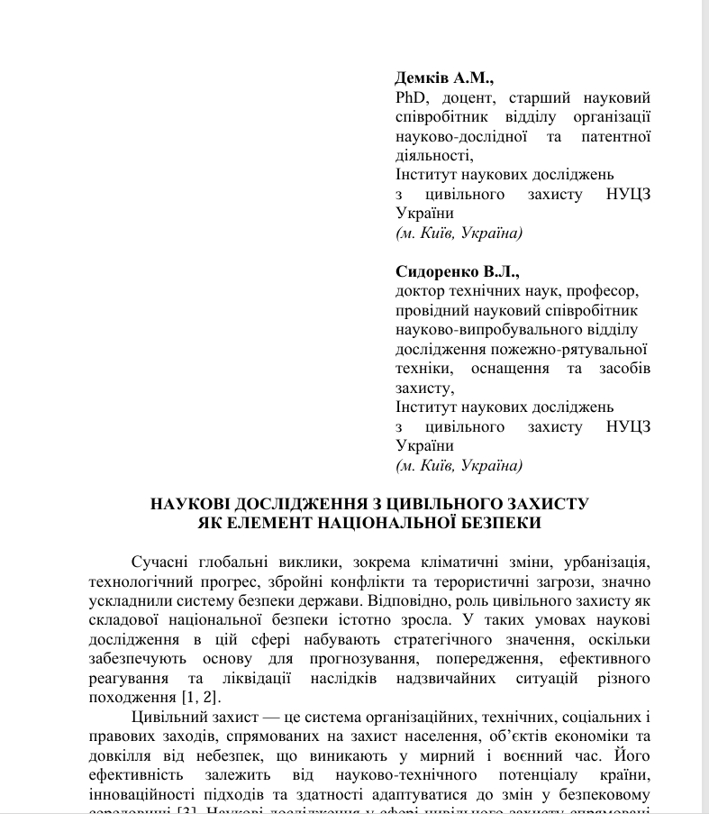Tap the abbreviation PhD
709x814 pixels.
pyautogui.click(x=411, y=97)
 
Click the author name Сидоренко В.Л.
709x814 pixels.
pyautogui.click(x=458, y=271)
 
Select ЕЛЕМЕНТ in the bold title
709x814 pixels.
pyautogui.click(x=269, y=522)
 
